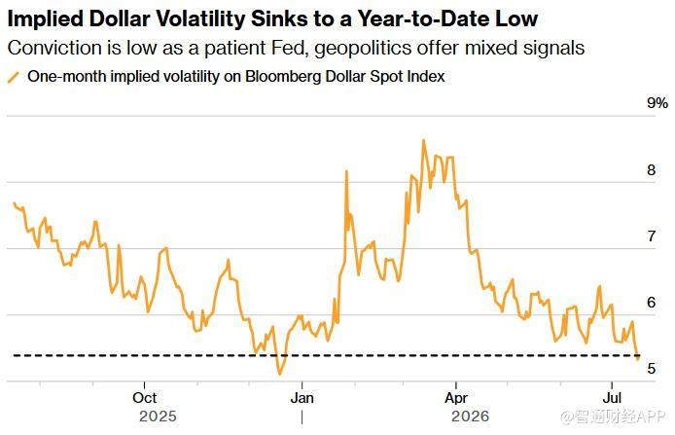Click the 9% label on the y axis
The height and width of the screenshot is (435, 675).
point(657,103)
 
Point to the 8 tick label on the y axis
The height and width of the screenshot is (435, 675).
point(652,170)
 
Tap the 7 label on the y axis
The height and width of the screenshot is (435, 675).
point(652,236)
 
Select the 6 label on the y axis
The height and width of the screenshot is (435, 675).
point(652,303)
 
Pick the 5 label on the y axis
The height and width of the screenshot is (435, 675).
point(652,369)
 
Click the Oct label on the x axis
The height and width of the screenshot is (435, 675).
point(145,397)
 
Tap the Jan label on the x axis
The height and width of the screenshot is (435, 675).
point(302,397)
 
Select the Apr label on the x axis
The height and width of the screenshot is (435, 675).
point(456,398)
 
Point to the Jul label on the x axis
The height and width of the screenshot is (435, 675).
point(612,397)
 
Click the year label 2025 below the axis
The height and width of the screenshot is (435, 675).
point(158,417)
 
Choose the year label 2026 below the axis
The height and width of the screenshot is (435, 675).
point(470,417)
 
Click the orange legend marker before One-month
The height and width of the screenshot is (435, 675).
point(14,78)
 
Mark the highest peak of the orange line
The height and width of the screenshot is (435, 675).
point(424,140)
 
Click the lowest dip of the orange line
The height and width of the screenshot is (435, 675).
point(280,374)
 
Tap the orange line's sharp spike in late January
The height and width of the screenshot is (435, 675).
point(346,171)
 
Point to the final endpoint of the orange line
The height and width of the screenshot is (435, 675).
point(638,358)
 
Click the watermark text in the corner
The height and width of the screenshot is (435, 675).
point(613,417)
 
